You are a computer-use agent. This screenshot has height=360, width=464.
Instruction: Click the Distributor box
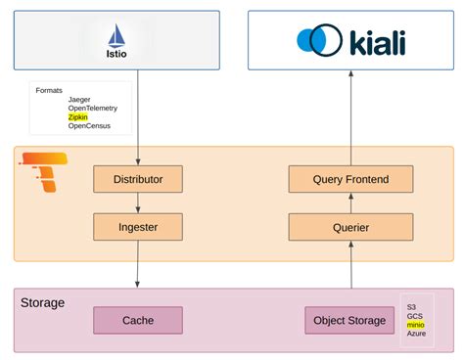pyautogui.click(x=138, y=179)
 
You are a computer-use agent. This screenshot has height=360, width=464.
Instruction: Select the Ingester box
pyautogui.click(x=138, y=227)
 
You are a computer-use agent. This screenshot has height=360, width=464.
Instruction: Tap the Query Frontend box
pyautogui.click(x=350, y=179)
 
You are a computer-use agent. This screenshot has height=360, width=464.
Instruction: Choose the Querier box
pyautogui.click(x=350, y=227)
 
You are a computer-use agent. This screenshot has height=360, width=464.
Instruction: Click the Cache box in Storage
pyautogui.click(x=137, y=320)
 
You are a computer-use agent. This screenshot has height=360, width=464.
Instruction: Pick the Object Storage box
pyautogui.click(x=350, y=320)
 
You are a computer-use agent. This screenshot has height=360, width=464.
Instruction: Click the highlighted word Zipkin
pyautogui.click(x=78, y=117)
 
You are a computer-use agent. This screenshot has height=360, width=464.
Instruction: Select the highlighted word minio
pyautogui.click(x=417, y=325)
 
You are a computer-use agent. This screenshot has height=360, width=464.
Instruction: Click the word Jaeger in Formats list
pyautogui.click(x=80, y=100)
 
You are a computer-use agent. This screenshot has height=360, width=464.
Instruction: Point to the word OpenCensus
pyautogui.click(x=90, y=126)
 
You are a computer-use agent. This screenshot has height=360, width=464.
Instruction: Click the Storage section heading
pyautogui.click(x=42, y=302)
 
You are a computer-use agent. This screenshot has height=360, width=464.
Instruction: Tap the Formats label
pyautogui.click(x=49, y=90)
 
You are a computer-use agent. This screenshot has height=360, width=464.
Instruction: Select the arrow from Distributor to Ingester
pyautogui.click(x=138, y=202)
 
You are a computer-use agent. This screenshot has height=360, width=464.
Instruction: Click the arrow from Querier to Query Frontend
pyautogui.click(x=350, y=202)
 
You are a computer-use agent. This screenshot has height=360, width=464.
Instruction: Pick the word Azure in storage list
pyautogui.click(x=417, y=334)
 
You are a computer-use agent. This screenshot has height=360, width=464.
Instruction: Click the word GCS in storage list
pyautogui.click(x=415, y=316)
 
